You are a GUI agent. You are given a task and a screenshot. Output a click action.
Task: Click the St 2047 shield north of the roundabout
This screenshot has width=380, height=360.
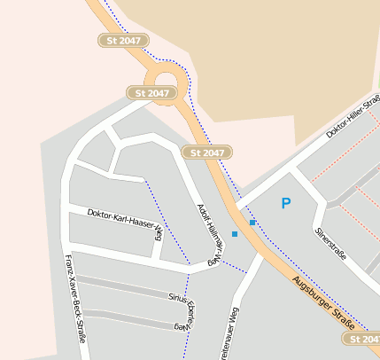coord(123,41)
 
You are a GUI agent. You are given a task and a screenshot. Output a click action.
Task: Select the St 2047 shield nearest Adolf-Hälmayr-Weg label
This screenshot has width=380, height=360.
coord(207,153)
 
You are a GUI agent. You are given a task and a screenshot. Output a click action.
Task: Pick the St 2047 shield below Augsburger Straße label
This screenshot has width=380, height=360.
coord(363,339)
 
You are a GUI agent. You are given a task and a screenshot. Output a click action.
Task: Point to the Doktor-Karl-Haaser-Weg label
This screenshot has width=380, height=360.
coord(125,221)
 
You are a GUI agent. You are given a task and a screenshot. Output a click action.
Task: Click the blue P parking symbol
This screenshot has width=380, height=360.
coord(285,204)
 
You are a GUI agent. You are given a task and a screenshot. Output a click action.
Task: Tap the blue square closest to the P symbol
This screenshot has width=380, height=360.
coord(252,223)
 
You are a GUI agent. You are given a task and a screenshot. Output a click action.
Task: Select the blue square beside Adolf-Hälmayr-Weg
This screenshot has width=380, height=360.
coord(234,234)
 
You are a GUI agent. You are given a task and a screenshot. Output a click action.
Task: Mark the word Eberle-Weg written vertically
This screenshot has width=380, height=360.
coord(189,314)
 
